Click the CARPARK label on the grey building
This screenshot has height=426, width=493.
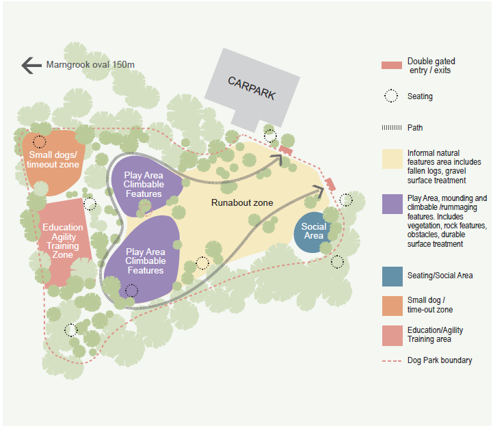pyautogui.click(x=251, y=88)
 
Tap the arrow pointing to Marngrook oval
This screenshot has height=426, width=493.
pyautogui.click(x=31, y=65)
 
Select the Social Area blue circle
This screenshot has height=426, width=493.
pyautogui.click(x=314, y=231)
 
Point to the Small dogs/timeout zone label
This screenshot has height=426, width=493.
pyautogui.click(x=54, y=159)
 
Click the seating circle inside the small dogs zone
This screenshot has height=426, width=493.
pyautogui.click(x=40, y=142)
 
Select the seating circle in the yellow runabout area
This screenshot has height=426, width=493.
pyautogui.click(x=202, y=263)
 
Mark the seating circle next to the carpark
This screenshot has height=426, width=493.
pyautogui.click(x=271, y=136)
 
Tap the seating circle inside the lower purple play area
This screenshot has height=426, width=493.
pyautogui.click(x=132, y=291)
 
